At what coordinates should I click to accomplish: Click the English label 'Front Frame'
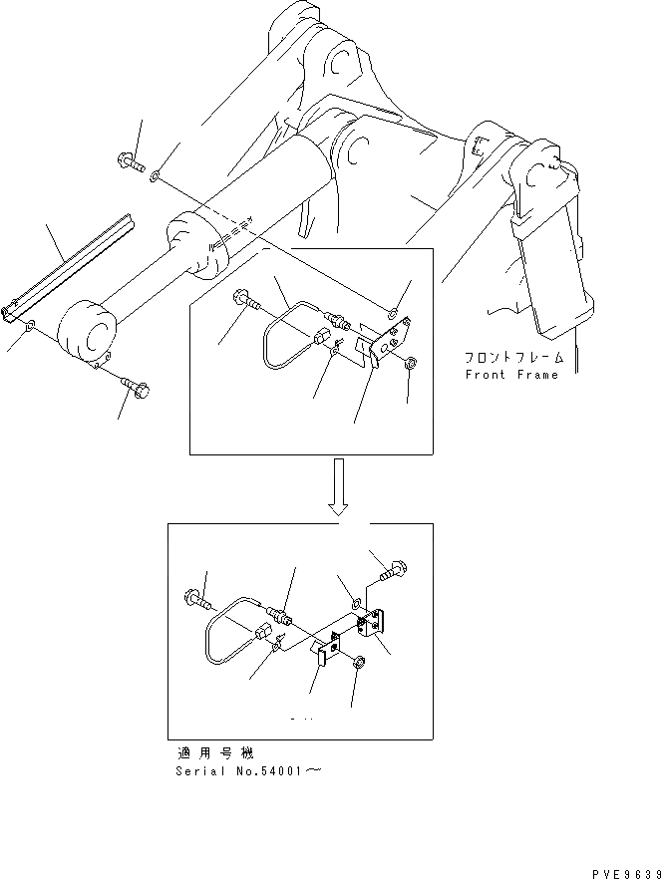coord(512,375)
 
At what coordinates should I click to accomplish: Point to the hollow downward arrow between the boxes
coord(341,485)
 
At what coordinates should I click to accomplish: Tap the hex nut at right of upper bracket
coord(412,360)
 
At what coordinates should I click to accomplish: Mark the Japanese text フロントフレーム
coord(512,358)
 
